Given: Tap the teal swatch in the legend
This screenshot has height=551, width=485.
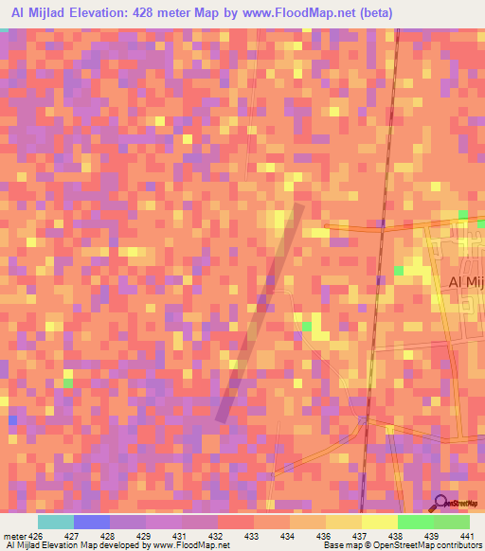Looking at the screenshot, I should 56,522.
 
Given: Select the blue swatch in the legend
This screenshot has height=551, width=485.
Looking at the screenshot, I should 92,522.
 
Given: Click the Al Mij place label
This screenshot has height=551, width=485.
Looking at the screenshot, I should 465,283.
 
